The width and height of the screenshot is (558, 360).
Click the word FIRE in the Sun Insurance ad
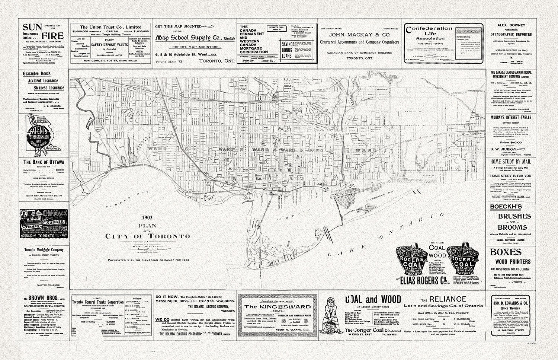coord(52,36)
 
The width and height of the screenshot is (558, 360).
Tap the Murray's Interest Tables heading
coord(510,117)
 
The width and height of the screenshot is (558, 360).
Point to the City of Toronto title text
coord(148,236)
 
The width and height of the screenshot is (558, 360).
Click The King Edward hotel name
coord(277,306)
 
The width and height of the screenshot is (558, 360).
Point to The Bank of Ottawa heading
coord(44,162)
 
